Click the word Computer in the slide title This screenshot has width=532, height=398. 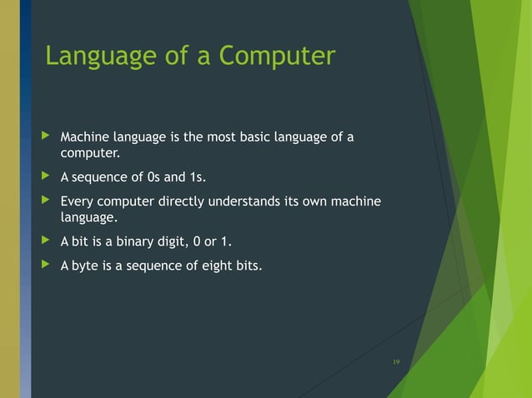[278, 57]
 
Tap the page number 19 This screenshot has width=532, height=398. [396, 361]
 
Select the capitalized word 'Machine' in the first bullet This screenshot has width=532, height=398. [85, 137]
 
